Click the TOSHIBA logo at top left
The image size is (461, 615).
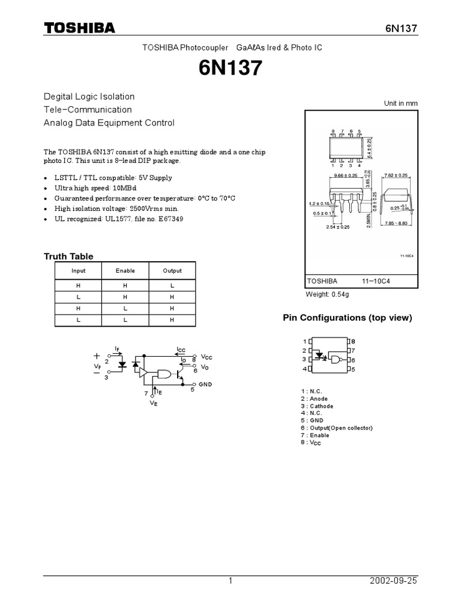pos(79,29)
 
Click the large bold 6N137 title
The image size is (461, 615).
pos(230,69)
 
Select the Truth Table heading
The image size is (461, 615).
pos(68,256)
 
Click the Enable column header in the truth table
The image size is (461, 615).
pos(125,271)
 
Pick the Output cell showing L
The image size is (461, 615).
pos(172,286)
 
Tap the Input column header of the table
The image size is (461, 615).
pos(78,271)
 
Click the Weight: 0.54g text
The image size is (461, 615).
pos(328,294)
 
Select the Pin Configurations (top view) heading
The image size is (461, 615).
pos(348,318)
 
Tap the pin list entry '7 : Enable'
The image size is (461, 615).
pos(316,435)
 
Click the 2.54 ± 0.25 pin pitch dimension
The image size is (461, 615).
pos(337,228)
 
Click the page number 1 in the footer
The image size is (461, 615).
pos(230,581)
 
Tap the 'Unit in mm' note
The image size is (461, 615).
pos(400,103)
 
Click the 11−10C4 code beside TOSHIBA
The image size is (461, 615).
pos(376,281)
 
